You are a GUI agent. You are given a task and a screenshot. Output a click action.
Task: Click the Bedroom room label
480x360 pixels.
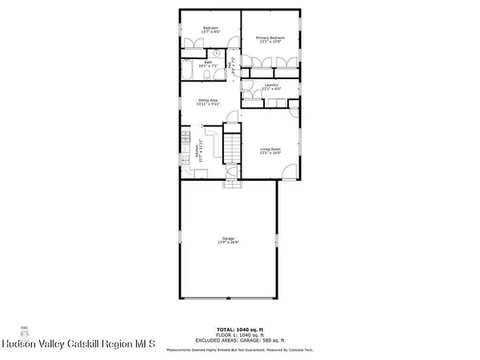tap(210, 28)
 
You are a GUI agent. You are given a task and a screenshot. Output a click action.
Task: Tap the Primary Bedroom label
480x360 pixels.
tap(270, 38)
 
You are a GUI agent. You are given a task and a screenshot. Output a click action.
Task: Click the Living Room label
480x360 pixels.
tap(270, 149)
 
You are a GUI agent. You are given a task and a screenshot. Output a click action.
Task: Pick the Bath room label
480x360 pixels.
tap(207, 62)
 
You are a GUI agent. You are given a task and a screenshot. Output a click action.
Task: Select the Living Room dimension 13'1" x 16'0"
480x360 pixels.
tap(270, 153)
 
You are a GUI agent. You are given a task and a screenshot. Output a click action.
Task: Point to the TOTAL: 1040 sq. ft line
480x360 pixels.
tap(241, 330)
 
